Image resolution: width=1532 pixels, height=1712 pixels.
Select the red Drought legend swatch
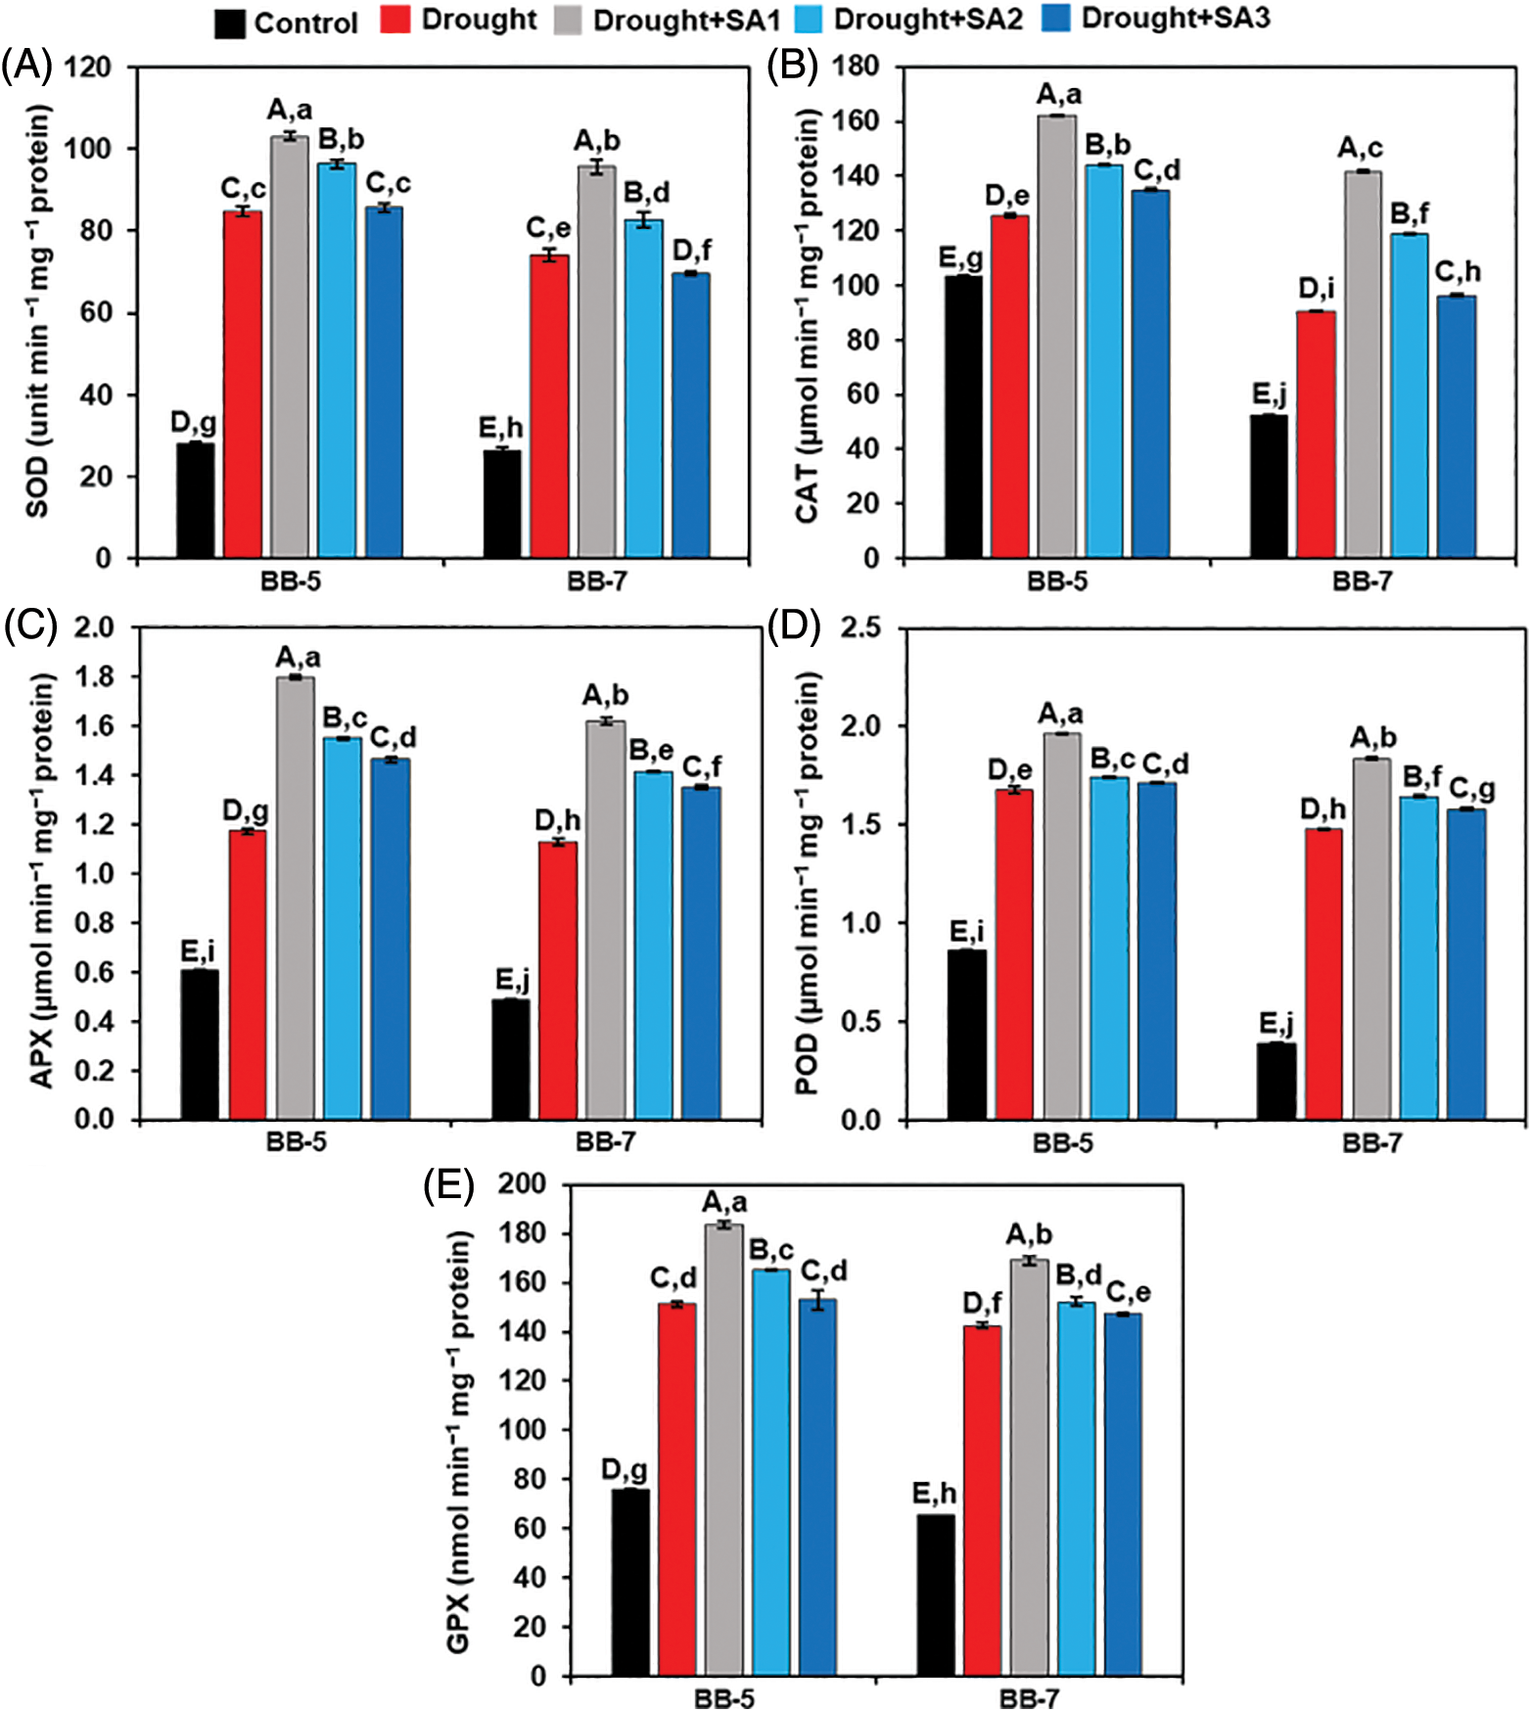point(395,20)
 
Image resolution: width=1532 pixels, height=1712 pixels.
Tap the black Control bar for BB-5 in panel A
point(195,500)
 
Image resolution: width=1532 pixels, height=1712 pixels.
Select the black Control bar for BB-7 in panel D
point(1277,1081)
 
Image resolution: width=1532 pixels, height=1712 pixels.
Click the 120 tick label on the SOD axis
point(88,68)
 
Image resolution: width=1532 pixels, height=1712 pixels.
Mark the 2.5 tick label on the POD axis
point(860,627)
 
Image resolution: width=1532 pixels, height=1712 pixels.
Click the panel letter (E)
point(448,1186)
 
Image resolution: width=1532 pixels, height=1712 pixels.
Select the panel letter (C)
point(30,625)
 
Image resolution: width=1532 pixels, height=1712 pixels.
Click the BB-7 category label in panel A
point(596,581)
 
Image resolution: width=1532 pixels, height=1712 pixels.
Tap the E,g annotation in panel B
point(961,257)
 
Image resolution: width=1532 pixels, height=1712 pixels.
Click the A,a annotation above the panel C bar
point(298,656)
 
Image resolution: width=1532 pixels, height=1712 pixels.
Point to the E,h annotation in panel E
point(934,1494)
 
